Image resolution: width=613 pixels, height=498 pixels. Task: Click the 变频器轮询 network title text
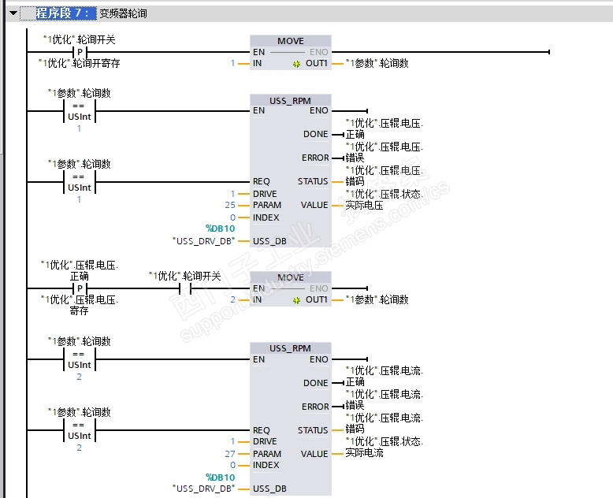coord(123,13)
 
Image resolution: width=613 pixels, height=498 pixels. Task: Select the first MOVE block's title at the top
coord(290,41)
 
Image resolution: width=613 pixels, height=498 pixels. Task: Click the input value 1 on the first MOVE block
coord(233,63)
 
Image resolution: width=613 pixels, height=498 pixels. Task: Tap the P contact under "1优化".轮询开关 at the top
coord(79,52)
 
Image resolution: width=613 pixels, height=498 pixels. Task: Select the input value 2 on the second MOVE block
coord(233,299)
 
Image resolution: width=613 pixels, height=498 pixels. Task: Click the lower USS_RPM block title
coord(290,348)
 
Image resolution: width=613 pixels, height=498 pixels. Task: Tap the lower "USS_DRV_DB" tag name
coord(203,489)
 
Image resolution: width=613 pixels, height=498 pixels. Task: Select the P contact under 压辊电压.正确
coord(79,288)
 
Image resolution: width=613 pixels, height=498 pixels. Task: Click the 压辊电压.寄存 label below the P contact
coord(79,305)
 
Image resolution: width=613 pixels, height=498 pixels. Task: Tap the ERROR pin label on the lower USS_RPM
coord(315,407)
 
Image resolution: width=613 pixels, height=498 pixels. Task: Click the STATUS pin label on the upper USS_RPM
coord(313,181)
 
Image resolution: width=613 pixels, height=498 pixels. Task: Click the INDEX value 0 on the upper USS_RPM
coord(233,217)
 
